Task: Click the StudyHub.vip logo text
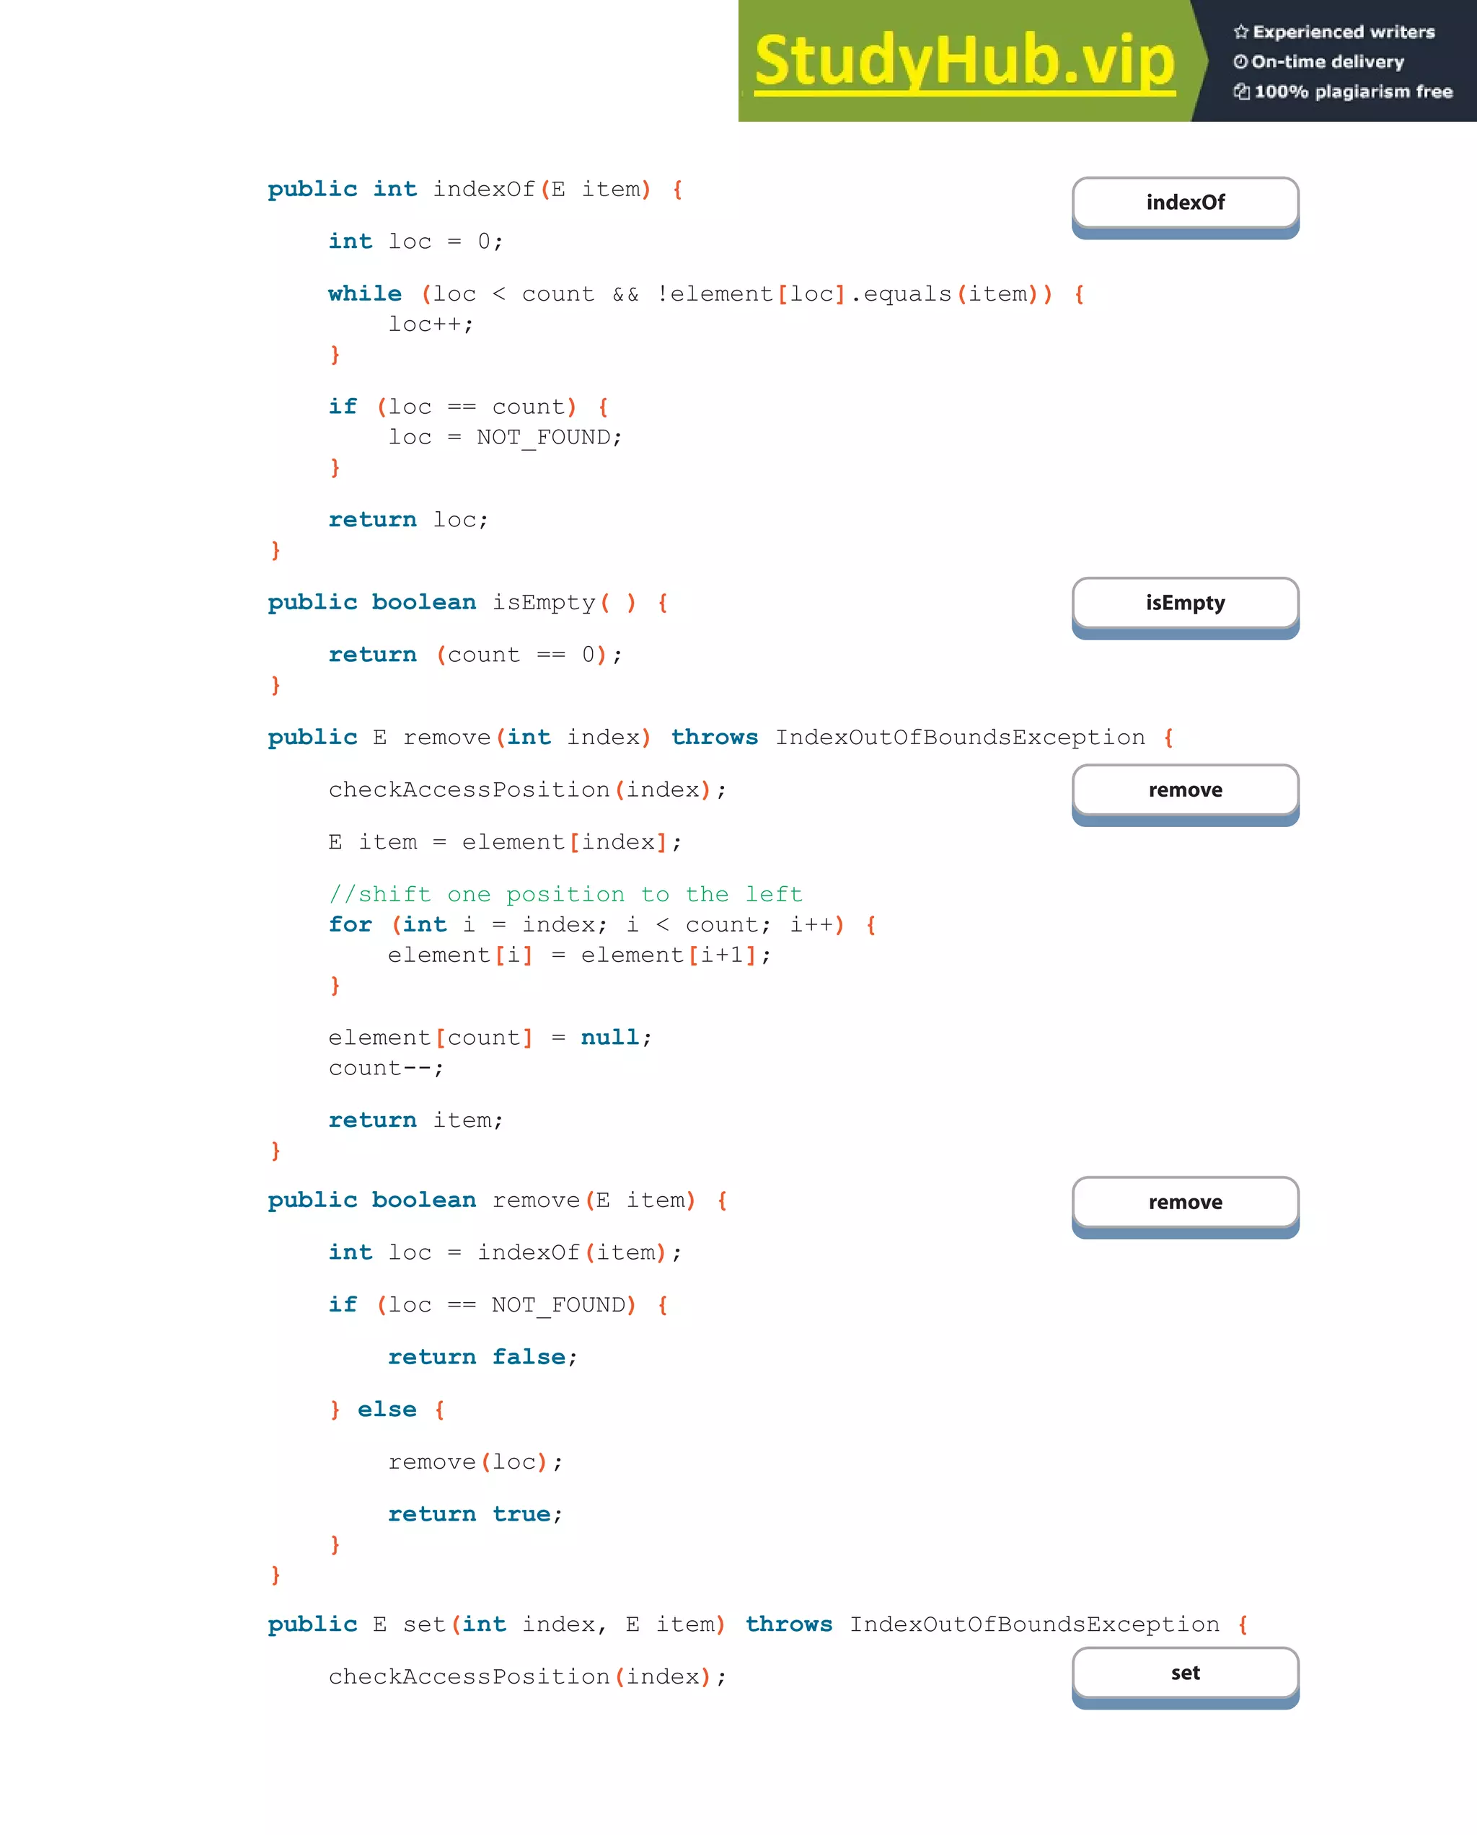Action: point(964,61)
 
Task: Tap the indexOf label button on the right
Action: point(1185,203)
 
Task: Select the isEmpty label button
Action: point(1185,603)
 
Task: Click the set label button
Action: point(1185,1673)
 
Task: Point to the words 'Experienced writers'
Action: point(1344,32)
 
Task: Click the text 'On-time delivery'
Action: point(1327,62)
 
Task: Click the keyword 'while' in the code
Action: point(365,293)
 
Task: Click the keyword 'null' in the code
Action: point(609,1038)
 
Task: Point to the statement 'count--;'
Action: point(386,1068)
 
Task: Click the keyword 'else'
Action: point(387,1410)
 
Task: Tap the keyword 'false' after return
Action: point(529,1357)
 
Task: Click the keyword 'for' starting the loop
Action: point(350,925)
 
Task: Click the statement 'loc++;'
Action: point(431,324)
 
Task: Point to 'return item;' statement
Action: point(416,1120)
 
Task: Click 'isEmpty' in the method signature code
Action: point(544,603)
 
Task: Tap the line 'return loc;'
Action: point(409,520)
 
